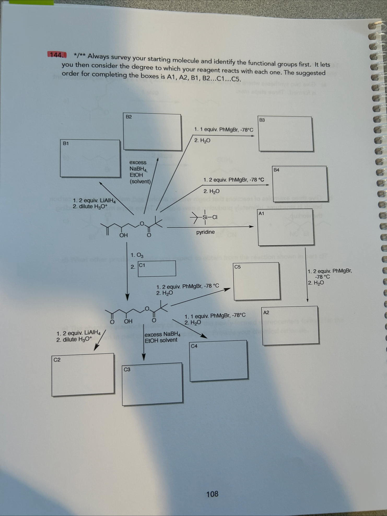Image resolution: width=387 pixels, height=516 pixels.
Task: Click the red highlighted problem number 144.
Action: point(57,55)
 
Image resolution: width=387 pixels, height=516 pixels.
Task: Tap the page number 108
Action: point(212,494)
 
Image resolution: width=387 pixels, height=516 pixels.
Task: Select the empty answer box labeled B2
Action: point(153,132)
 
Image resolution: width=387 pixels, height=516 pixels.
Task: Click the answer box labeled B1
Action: point(90,159)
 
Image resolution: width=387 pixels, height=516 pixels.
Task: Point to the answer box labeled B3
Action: point(286,134)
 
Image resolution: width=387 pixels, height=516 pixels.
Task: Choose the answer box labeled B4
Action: point(300,184)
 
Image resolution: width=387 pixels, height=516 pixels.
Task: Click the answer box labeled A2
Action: point(290,326)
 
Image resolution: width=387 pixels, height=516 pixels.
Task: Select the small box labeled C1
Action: point(157,268)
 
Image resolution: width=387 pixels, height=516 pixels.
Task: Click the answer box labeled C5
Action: point(257,281)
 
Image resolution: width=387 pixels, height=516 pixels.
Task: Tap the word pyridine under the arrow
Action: point(206,232)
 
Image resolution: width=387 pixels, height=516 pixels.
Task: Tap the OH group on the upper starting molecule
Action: point(124,235)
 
